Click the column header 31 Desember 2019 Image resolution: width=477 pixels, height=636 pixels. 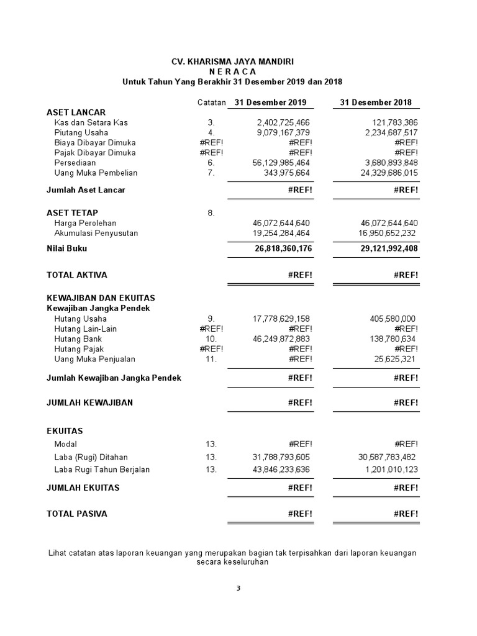tap(270, 102)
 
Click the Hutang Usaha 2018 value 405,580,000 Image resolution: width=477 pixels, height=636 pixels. tap(393, 319)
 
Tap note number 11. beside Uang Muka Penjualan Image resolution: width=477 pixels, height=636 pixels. tap(211, 359)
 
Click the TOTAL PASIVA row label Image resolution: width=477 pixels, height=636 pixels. tap(77, 514)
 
